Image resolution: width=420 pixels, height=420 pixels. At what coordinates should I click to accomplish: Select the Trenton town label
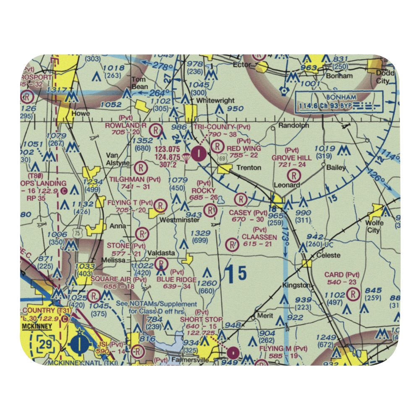click(x=249, y=168)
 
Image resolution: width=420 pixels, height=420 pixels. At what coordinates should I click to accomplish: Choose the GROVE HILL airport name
click(x=291, y=157)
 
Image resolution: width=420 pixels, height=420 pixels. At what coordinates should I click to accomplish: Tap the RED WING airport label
click(x=244, y=148)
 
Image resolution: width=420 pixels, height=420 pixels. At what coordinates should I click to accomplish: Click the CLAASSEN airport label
click(x=259, y=237)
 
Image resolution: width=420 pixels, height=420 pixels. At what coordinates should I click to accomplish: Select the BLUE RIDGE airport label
click(x=176, y=280)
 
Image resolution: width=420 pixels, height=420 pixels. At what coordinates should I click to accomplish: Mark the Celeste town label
click(x=328, y=255)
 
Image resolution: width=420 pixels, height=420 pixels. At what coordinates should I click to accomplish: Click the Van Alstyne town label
click(x=115, y=159)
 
